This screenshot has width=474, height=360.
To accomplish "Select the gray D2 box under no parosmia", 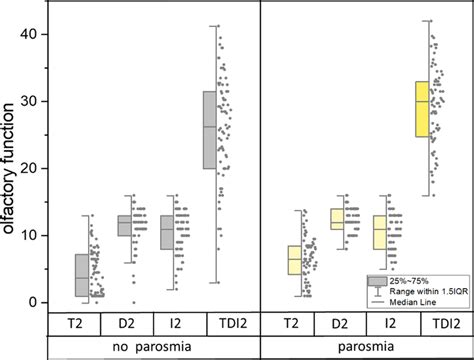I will [x=125, y=225].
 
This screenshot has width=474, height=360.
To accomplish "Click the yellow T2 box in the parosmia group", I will [x=294, y=259].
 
